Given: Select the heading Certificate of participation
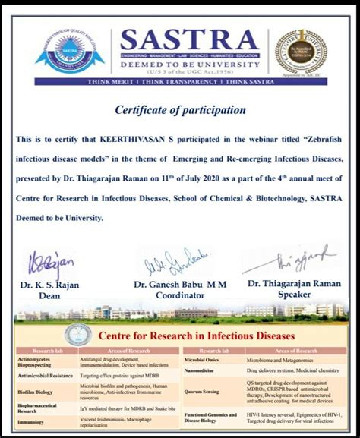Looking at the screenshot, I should (x=180, y=110).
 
